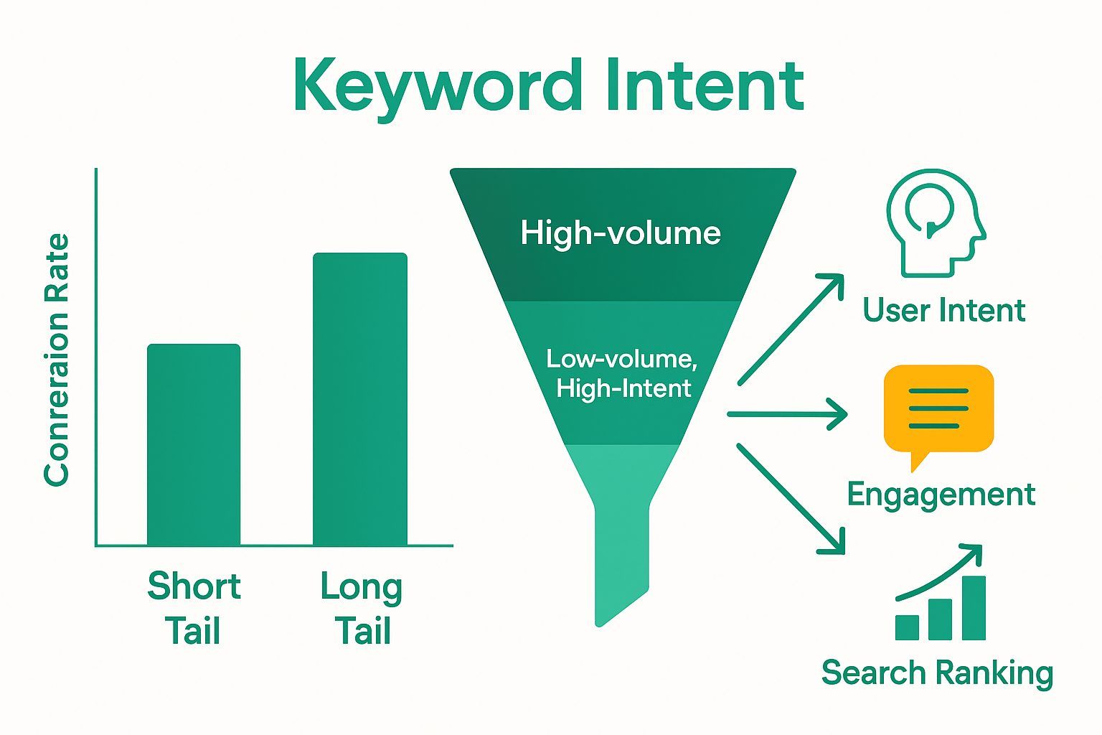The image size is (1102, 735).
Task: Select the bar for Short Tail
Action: [x=194, y=445]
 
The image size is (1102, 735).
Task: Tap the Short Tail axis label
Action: [x=194, y=609]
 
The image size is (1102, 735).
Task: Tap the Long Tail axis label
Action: [x=362, y=609]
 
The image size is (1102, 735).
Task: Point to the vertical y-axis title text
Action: [x=57, y=359]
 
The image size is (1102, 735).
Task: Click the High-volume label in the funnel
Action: [x=621, y=233]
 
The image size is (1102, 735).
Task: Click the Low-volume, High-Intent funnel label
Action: [x=622, y=373]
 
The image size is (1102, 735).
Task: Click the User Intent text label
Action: [x=943, y=311]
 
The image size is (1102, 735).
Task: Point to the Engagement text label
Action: [x=941, y=495]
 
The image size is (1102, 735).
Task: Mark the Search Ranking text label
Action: [x=937, y=673]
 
